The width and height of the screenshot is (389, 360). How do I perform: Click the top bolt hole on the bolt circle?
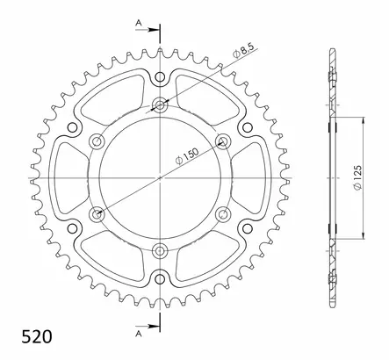pos(160,105)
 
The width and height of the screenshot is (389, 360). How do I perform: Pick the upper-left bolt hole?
pos(97,140)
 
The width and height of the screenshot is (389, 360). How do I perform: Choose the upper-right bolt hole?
pos(222,140)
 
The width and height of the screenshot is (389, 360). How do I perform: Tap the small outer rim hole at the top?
pos(160,76)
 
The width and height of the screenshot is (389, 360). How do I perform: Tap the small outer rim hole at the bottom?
pos(160,278)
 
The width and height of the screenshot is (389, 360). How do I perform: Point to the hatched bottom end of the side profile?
pos(332,286)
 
